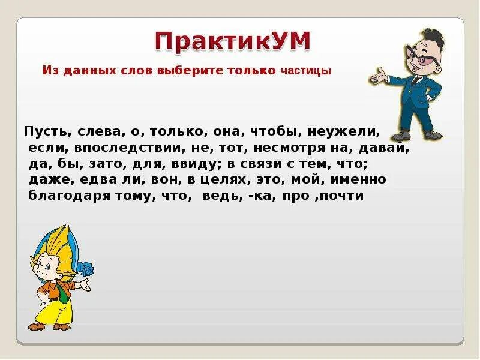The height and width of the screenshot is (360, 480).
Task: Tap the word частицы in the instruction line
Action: [305, 71]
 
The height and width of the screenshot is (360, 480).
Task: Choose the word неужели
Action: [350, 131]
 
